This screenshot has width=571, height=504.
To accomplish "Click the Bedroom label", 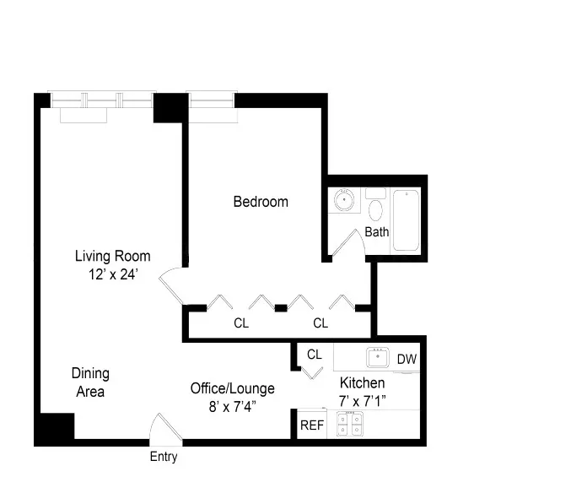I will pyautogui.click(x=261, y=202).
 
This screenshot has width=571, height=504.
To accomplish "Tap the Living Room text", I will pyautogui.click(x=112, y=256).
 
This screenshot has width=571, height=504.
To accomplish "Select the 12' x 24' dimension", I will pyautogui.click(x=112, y=274).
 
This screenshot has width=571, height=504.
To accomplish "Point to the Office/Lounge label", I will pyautogui.click(x=232, y=388).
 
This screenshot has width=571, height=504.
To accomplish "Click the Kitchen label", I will pyautogui.click(x=362, y=382).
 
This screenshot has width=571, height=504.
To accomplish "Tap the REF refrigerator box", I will pyautogui.click(x=311, y=425).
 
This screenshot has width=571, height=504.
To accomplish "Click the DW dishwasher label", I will pyautogui.click(x=407, y=359).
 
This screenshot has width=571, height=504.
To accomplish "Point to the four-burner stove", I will pyautogui.click(x=349, y=425).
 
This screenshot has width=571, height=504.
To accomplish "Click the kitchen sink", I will pyautogui.click(x=377, y=358).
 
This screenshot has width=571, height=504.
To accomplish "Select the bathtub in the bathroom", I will pyautogui.click(x=406, y=220).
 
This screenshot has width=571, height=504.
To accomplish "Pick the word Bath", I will pyautogui.click(x=376, y=232).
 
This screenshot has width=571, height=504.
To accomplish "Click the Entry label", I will pyautogui.click(x=164, y=457).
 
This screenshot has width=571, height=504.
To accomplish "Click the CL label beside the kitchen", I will pyautogui.click(x=315, y=355).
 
